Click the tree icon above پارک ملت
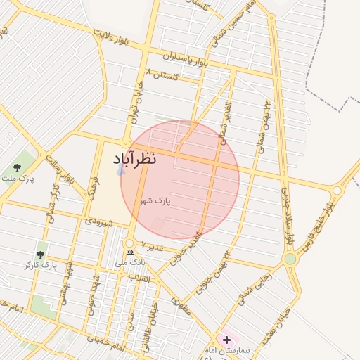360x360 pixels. click(x=17, y=167)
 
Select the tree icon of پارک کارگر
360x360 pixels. click(x=40, y=254)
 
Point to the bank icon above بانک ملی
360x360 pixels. click(x=130, y=252)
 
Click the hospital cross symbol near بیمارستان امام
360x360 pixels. click(x=226, y=340)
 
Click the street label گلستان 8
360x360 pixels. click(x=162, y=74)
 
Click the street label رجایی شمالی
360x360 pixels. click(x=252, y=289)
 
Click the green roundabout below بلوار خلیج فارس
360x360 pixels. click(x=290, y=259)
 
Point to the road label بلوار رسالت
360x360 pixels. click(x=60, y=170)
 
